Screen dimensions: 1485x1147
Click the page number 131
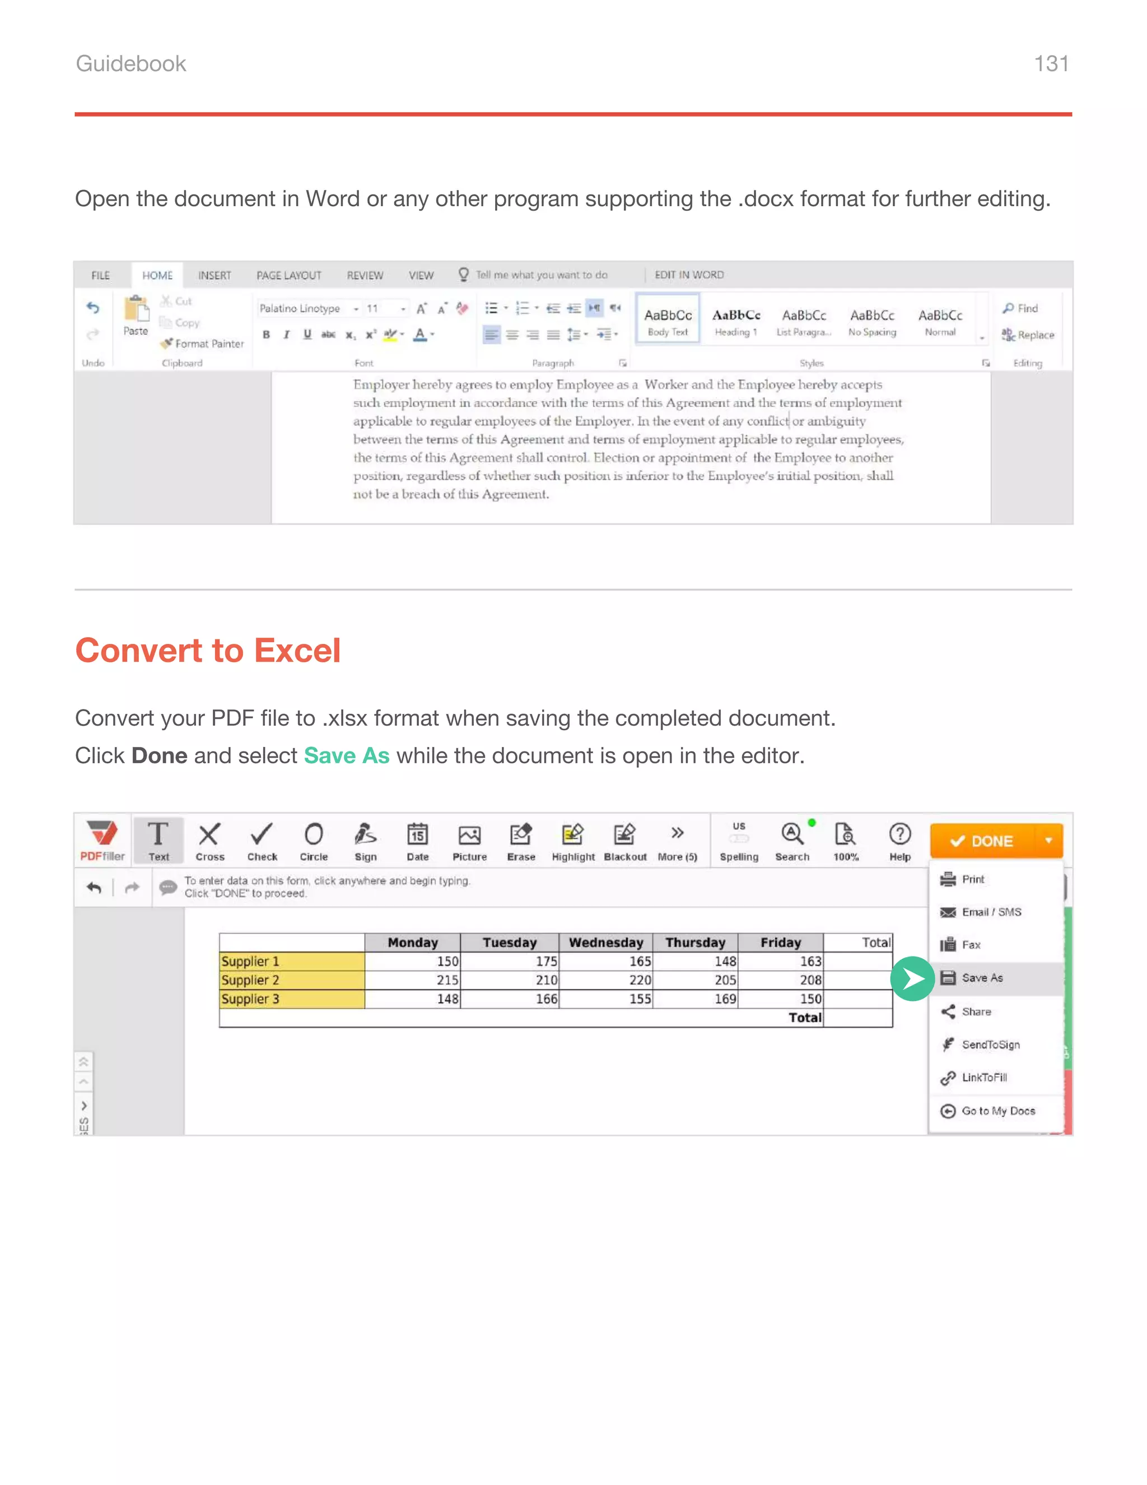coord(1051,63)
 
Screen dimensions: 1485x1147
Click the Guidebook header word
coord(130,63)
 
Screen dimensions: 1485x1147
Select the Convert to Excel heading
coord(207,650)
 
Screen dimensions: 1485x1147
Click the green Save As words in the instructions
coord(347,755)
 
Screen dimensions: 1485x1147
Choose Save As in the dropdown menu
coord(982,978)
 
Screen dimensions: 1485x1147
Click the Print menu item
coord(972,879)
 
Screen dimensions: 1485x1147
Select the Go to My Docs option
coord(997,1111)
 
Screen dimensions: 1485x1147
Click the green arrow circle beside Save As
coord(912,978)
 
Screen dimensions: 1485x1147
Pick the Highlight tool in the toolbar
coord(573,842)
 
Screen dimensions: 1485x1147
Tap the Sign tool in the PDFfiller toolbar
coord(366,842)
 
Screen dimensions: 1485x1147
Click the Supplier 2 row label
coord(250,980)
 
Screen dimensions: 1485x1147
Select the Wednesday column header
coord(605,943)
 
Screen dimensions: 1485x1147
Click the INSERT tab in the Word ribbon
coord(215,275)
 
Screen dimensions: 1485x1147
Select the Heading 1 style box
coord(736,321)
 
